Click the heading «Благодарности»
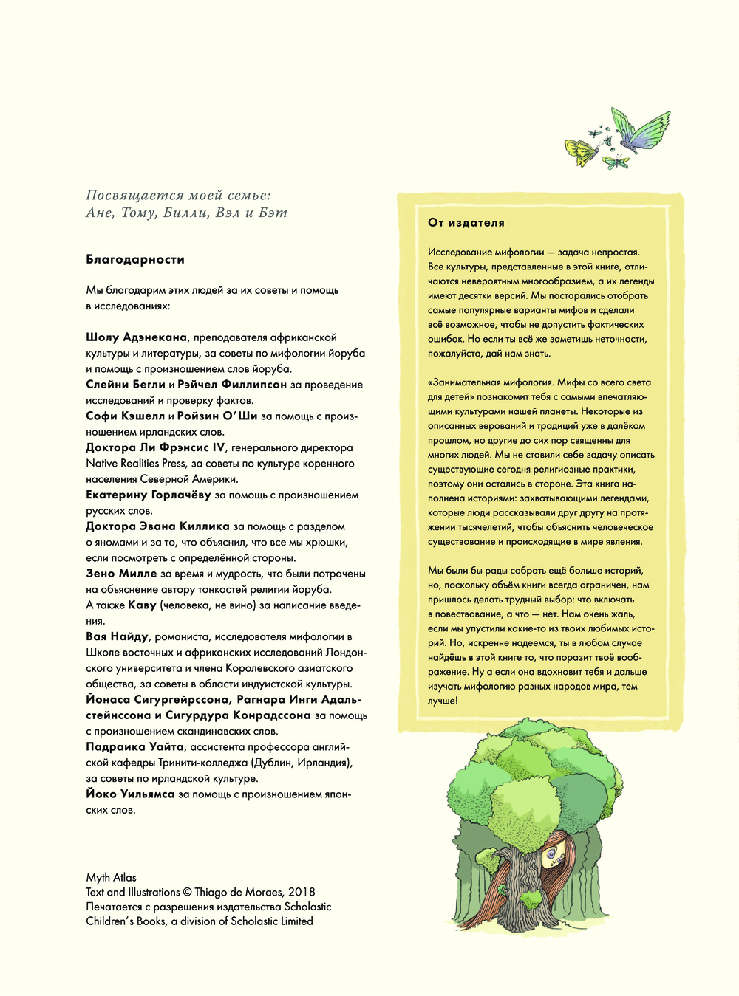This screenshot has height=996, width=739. [x=135, y=259]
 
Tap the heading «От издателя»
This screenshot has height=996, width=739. [x=466, y=222]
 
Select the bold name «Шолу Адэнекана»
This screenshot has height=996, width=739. [x=137, y=337]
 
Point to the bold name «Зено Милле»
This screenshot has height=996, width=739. [x=121, y=574]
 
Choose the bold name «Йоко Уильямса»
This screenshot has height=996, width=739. [x=130, y=794]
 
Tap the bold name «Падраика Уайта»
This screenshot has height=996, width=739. [x=134, y=747]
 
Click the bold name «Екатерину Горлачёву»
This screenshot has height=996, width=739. [x=149, y=495]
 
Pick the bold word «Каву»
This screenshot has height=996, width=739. [x=143, y=605]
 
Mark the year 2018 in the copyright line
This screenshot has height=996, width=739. [x=302, y=892]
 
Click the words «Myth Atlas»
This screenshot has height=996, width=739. [x=111, y=877]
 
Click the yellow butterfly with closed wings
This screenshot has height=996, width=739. [x=581, y=152]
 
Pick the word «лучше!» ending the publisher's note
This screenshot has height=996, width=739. [x=443, y=701]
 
